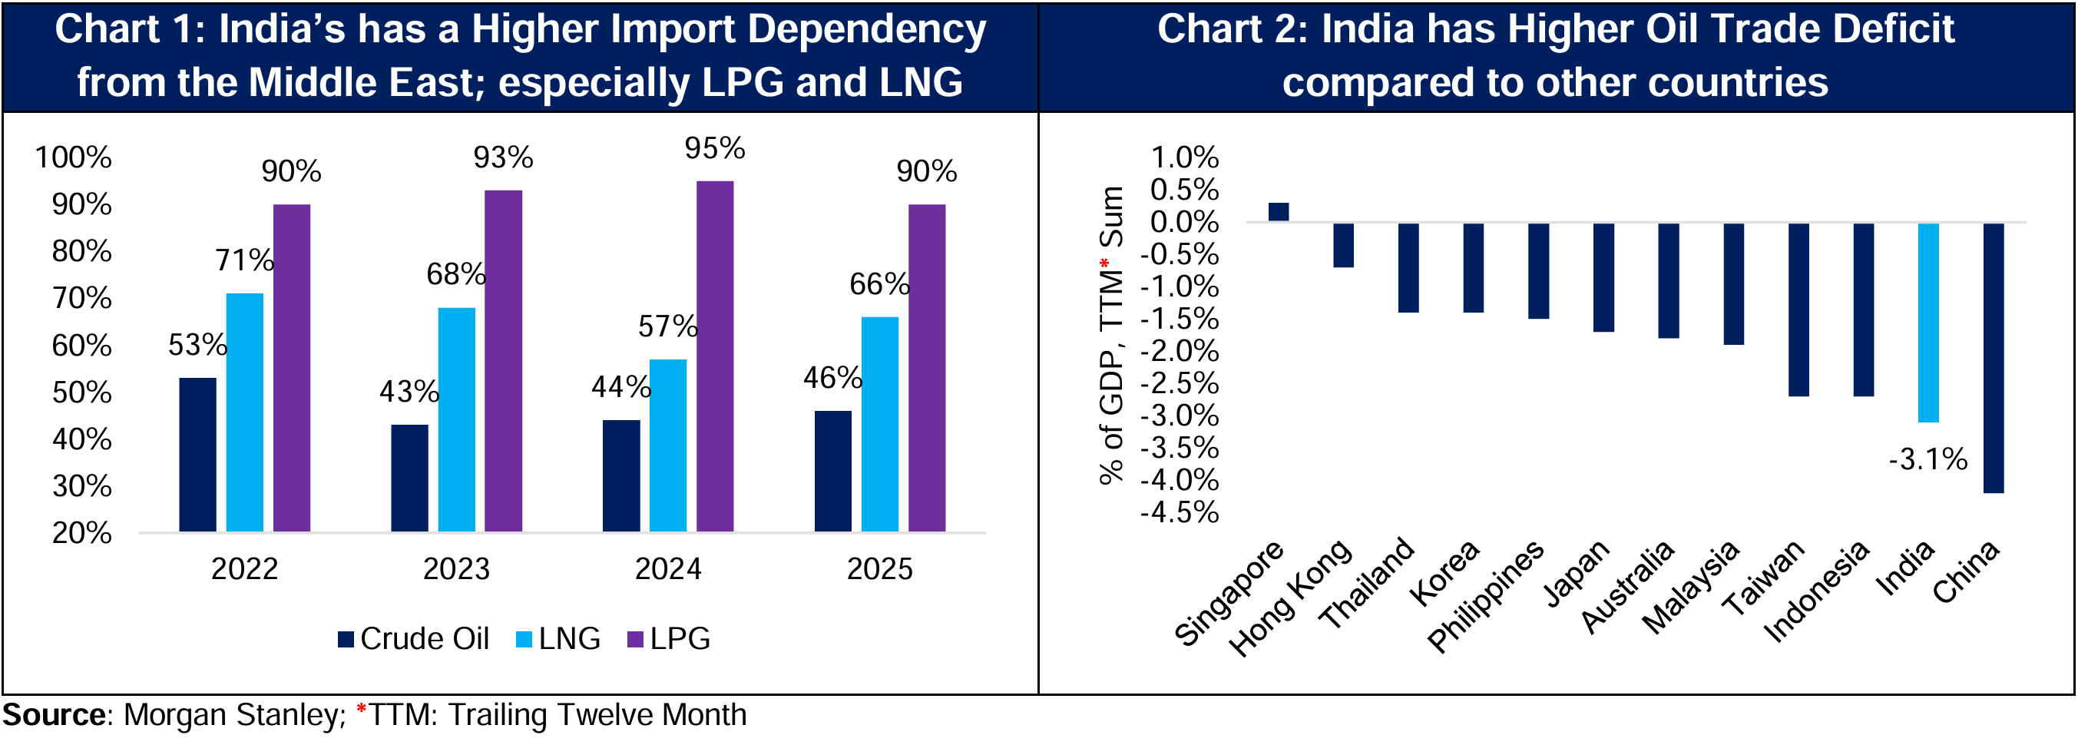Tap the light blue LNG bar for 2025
879,424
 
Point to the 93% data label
502,157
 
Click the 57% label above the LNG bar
667,327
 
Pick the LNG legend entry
558,638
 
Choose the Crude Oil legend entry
413,638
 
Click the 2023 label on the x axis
456,569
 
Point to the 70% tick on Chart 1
81,299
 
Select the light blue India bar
1928,322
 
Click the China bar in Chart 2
1994,358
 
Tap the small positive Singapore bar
1279,211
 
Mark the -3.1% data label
1928,459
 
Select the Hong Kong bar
1343,244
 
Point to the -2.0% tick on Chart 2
1180,351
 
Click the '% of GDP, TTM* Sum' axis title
1112,335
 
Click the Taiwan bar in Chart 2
1798,310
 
